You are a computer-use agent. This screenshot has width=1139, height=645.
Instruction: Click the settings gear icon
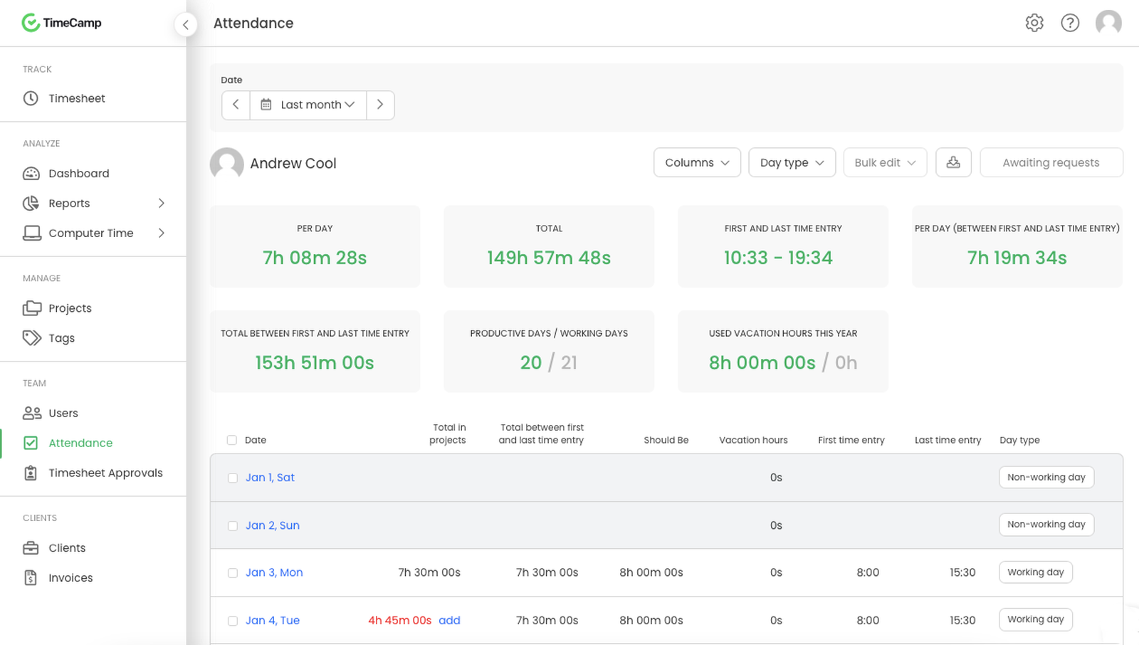pos(1034,23)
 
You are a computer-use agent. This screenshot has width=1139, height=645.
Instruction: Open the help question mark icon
pos(1070,23)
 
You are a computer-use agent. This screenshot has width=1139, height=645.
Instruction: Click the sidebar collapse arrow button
pos(186,25)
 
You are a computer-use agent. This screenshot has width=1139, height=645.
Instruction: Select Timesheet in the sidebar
pos(76,98)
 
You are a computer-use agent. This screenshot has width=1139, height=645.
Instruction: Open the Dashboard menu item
pos(78,174)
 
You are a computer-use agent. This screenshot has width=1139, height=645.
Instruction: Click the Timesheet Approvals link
pos(105,473)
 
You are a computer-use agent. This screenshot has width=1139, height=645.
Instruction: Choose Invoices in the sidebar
pos(70,578)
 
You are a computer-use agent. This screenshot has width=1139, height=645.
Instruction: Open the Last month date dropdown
pos(308,105)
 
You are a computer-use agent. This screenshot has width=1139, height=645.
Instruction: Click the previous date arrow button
pos(236,105)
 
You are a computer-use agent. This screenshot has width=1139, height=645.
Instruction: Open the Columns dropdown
pos(697,162)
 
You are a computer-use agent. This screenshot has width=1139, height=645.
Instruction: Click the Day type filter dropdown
pos(792,162)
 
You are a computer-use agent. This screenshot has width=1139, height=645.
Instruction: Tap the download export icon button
pos(953,162)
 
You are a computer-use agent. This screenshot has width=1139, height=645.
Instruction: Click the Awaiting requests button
pos(1051,162)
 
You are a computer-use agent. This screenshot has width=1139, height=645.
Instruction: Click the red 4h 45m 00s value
pos(399,621)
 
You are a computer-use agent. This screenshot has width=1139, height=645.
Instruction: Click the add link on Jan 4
pos(449,621)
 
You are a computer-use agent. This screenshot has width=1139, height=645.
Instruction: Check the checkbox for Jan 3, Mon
pos(233,573)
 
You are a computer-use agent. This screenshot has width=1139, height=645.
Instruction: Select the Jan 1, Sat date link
pos(270,478)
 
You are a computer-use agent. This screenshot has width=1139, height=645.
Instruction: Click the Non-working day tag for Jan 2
pos(1046,525)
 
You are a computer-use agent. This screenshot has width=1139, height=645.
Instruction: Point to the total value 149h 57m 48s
pos(548,258)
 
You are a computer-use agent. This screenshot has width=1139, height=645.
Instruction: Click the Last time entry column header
pos(948,440)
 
